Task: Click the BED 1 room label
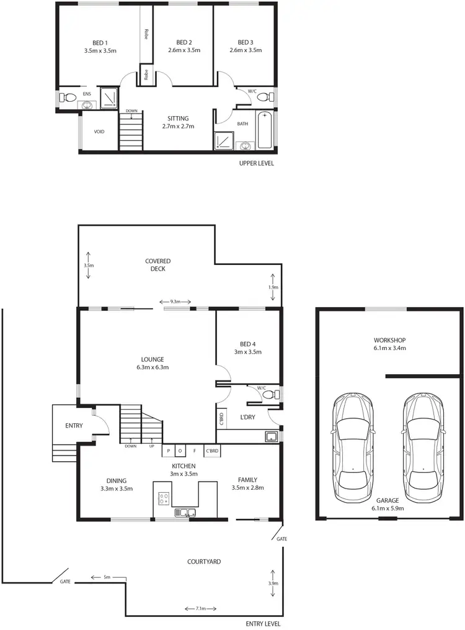96,47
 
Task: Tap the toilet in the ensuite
69,97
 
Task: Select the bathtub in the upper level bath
265,130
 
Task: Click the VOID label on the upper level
99,132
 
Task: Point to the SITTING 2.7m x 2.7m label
178,122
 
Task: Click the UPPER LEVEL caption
256,163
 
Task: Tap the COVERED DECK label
157,265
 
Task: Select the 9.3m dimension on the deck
175,302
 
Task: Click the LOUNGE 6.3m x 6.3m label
152,363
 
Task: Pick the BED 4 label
246,348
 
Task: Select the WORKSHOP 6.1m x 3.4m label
389,344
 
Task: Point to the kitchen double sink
185,512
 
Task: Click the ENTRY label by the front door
75,426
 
